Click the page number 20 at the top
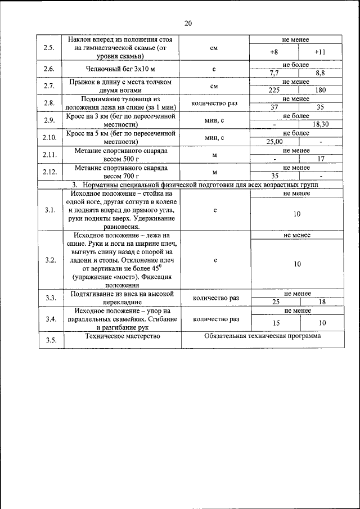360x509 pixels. coord(188,23)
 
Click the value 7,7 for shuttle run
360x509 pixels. coord(274,73)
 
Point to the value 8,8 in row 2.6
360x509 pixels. coord(320,73)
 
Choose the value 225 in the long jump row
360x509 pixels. coord(274,89)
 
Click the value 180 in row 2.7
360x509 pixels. coord(320,89)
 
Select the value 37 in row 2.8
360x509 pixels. coord(274,106)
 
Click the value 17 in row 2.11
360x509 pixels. coord(320,159)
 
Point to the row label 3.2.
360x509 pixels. coord(50,260)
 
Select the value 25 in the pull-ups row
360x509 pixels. coord(276,301)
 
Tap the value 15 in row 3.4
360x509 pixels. coord(276,323)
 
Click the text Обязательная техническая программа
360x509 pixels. coord(263,336)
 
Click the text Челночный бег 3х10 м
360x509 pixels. coord(119,69)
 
